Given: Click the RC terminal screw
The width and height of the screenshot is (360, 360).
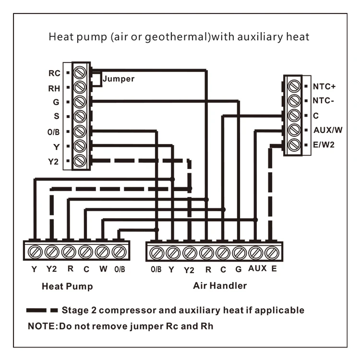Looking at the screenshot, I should [x=81, y=73].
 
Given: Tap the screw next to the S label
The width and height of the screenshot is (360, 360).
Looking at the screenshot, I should [x=81, y=116].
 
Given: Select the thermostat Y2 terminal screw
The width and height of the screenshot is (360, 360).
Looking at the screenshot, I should [x=81, y=160].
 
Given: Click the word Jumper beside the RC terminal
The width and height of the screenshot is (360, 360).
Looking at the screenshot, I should [x=119, y=79].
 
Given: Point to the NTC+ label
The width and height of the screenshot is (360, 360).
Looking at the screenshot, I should [x=325, y=87].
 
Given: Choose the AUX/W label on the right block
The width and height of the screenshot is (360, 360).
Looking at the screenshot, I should [x=328, y=130].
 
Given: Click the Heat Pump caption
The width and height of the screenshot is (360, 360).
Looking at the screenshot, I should [x=67, y=287].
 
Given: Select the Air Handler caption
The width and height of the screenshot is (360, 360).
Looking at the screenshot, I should [x=220, y=286].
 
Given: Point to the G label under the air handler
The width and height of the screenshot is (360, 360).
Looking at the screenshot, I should [x=239, y=269].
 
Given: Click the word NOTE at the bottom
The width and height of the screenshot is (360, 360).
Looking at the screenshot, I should [x=42, y=326].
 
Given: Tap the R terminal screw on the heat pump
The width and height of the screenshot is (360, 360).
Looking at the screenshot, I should [x=68, y=251].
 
